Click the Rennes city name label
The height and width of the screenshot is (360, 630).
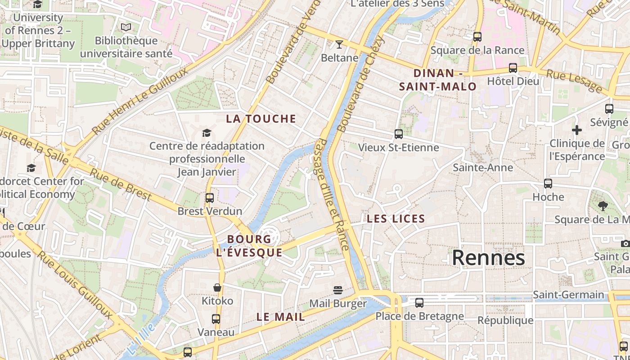488,258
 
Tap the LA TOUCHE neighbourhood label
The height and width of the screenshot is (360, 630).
261,119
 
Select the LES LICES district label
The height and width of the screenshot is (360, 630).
396,219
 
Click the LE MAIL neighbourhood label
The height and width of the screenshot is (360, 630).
281,317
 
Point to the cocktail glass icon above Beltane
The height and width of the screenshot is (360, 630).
339,44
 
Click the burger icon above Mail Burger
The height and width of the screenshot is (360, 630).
338,290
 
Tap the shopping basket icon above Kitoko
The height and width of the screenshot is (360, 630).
217,287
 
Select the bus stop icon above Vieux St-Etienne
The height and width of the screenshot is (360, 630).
398,134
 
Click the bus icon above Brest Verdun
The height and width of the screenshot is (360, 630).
209,198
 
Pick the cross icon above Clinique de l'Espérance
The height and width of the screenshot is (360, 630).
576,130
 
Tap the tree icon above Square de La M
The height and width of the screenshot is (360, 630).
603,206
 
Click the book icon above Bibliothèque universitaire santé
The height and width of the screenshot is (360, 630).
126,27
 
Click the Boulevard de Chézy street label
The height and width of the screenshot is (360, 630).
361,84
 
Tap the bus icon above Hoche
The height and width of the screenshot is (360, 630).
548,184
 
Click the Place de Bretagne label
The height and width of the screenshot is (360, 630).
419,316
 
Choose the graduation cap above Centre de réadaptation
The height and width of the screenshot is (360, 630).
207,133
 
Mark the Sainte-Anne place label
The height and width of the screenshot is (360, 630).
482,167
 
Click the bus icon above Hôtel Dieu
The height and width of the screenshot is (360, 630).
513,68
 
